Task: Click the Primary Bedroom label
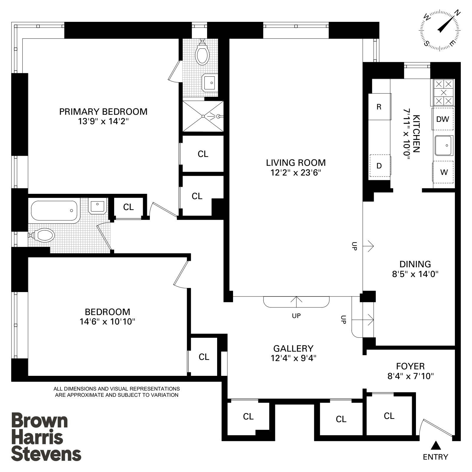pos(103,112)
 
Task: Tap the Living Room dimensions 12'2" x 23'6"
pos(296,173)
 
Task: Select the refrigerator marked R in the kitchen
pos(379,107)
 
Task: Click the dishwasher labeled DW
pos(442,119)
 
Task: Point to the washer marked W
pos(443,172)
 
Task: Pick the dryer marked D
pos(379,166)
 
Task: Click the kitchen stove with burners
pos(443,93)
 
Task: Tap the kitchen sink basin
pos(443,145)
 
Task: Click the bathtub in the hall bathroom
pos(54,211)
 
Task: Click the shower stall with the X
pos(203,116)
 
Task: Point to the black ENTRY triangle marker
pos(435,445)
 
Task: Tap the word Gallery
pos(293,348)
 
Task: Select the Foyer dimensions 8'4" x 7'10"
pos(410,376)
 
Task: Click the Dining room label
pos(415,264)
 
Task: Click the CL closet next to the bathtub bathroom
pos(128,207)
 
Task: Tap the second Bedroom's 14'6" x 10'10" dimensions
pos(107,322)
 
